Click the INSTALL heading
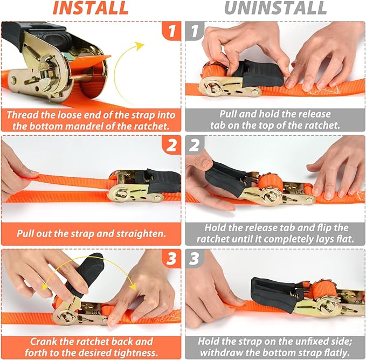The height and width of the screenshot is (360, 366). [91, 9]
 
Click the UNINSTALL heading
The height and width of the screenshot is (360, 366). [275, 9]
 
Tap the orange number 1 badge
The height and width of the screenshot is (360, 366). [171, 31]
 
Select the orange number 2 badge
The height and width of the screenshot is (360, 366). [171, 145]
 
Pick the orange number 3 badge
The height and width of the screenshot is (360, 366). [171, 259]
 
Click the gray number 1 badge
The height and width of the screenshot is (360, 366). [194, 31]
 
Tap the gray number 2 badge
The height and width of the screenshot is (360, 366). [194, 145]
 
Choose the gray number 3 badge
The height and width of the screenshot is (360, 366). [194, 259]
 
